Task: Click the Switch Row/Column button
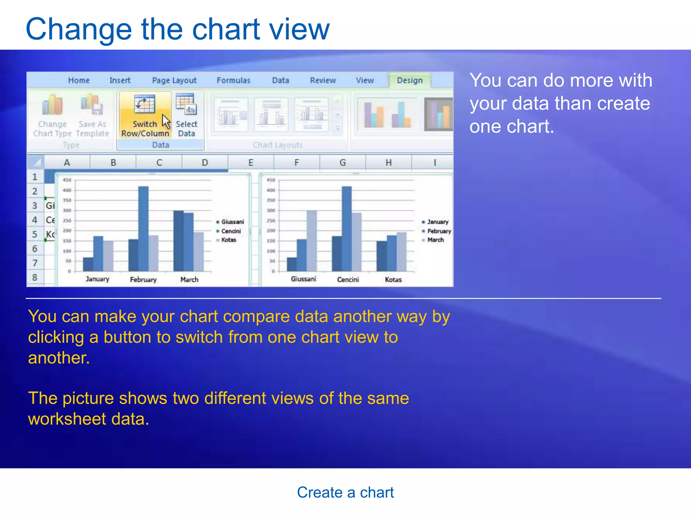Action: [x=145, y=116]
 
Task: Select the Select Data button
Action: [x=186, y=116]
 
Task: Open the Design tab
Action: [x=410, y=81]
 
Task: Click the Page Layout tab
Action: [x=174, y=81]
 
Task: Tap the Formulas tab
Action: [x=233, y=81]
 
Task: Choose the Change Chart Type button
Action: [x=52, y=116]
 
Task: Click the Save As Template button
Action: [x=92, y=116]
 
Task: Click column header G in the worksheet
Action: [x=342, y=163]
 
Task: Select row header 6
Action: [x=35, y=249]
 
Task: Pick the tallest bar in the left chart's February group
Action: [x=143, y=229]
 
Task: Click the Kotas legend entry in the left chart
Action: [x=228, y=240]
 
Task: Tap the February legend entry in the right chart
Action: [x=439, y=231]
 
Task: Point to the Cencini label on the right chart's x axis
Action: [x=348, y=280]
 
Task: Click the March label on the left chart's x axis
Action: [x=189, y=280]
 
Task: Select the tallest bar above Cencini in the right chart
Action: [x=347, y=229]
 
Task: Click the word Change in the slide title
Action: [x=79, y=30]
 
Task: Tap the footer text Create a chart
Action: [x=345, y=492]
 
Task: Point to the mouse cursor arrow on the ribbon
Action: [x=166, y=121]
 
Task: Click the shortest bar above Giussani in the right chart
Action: [x=292, y=264]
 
